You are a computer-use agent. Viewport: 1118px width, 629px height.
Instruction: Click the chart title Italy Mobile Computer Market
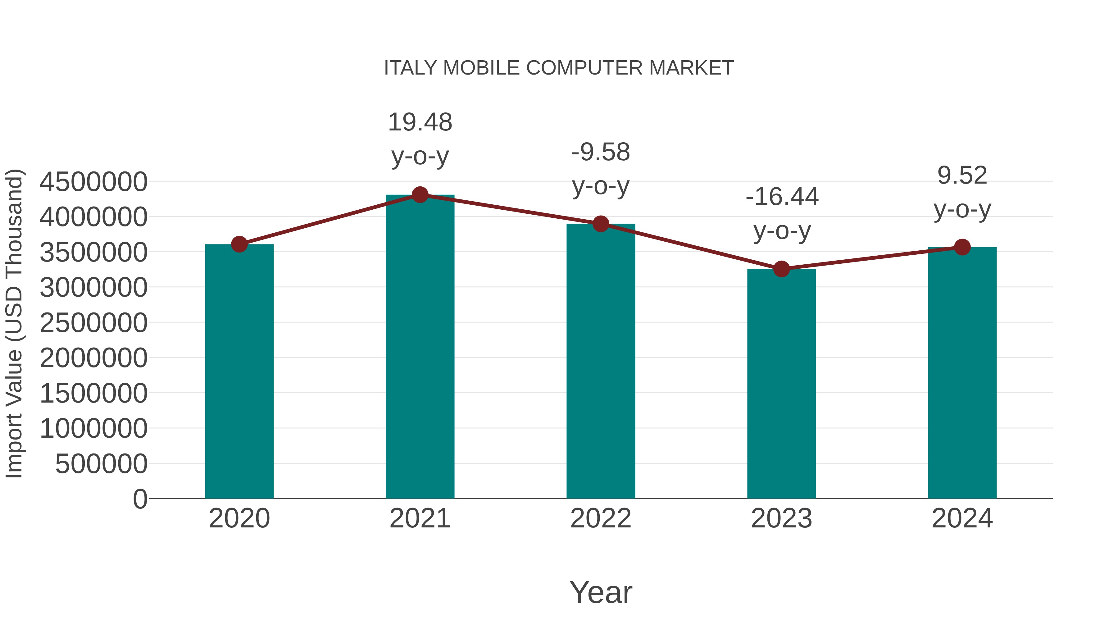559,68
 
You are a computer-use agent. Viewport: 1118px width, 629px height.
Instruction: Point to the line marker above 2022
601,224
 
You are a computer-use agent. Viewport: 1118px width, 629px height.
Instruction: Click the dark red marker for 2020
239,244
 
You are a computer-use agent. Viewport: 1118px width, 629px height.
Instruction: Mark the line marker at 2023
781,269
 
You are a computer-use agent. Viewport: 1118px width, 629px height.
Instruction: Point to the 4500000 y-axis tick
93,182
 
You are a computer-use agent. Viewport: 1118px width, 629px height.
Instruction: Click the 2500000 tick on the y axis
93,323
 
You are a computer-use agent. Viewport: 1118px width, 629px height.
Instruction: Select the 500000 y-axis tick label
101,464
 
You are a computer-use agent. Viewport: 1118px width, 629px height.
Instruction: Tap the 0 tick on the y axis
140,499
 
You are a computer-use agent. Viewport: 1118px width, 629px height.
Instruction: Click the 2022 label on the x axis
601,518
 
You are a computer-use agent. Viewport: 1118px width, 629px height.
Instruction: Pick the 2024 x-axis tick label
962,518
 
